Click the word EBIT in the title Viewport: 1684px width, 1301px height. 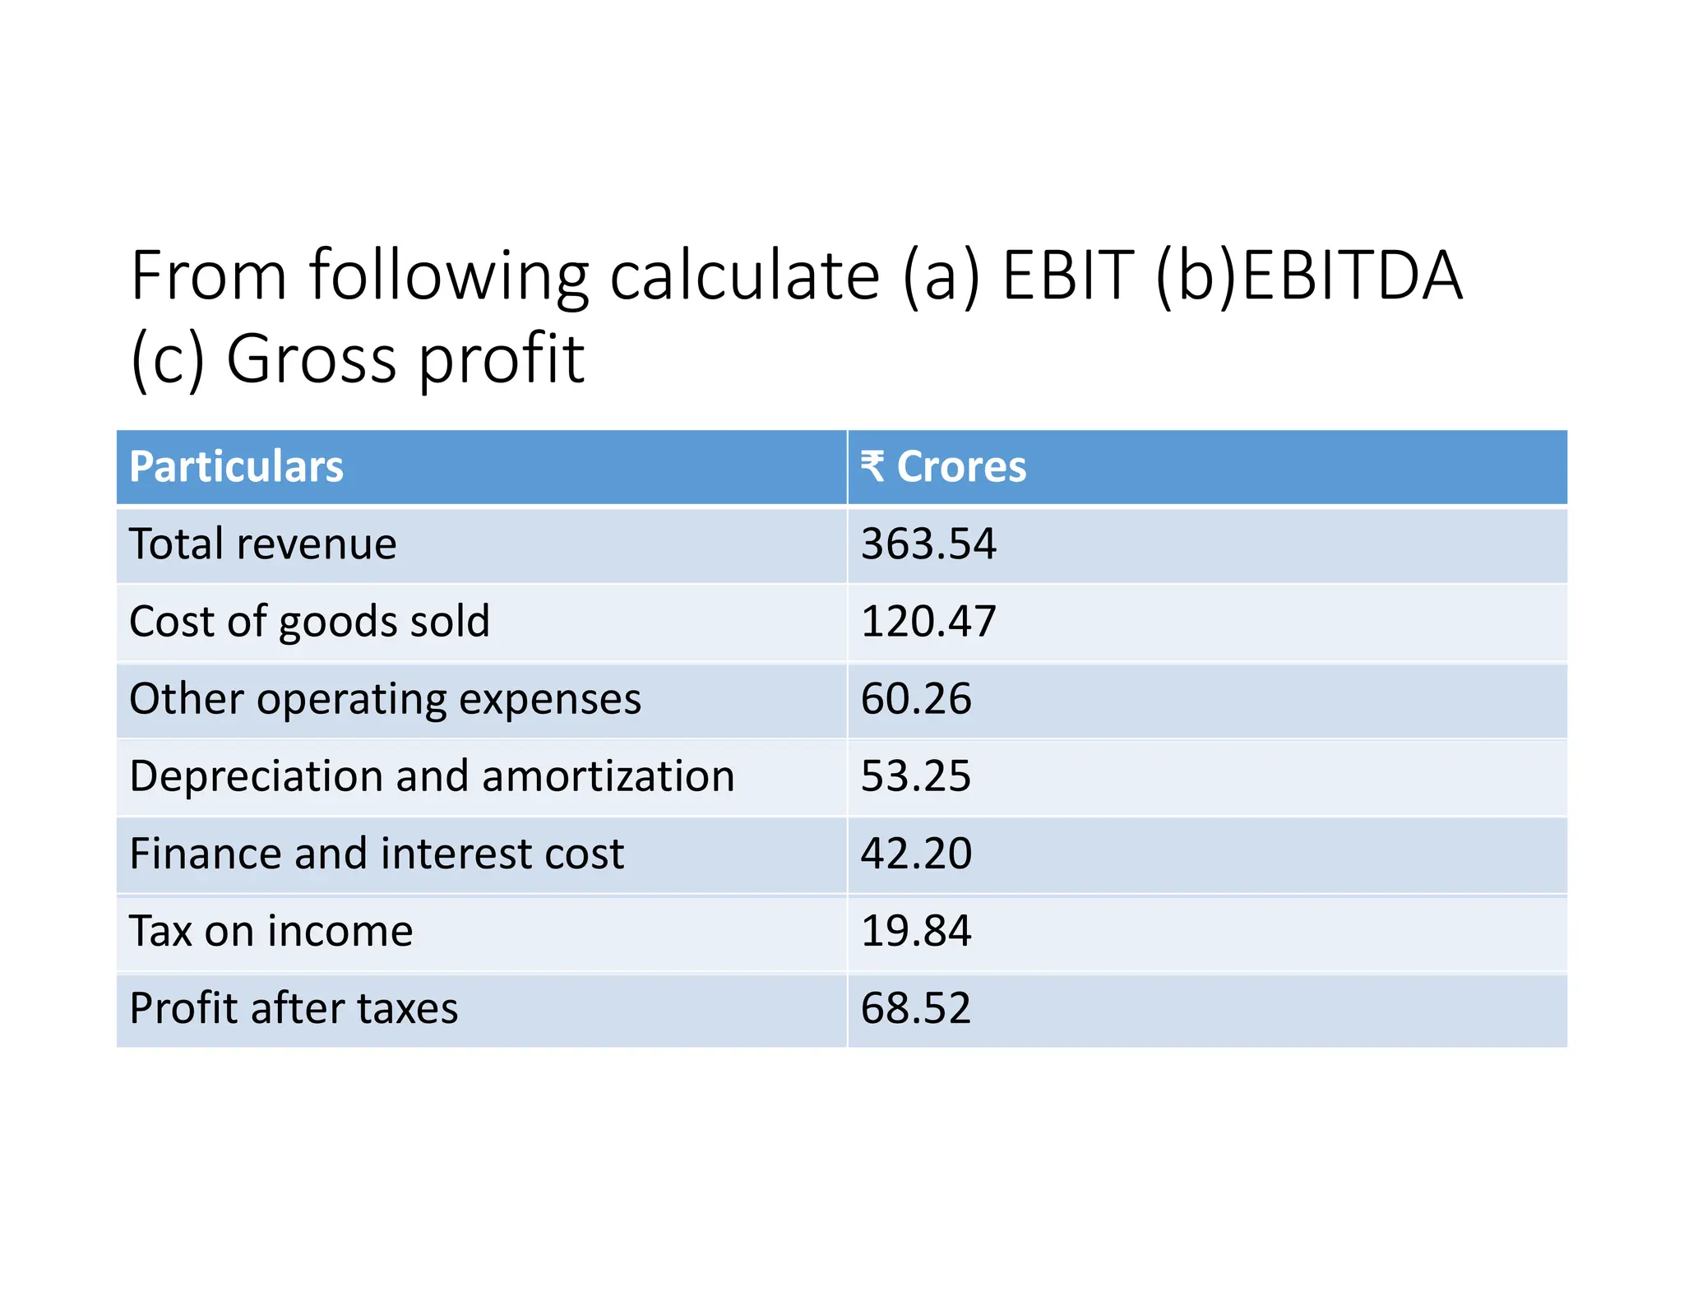tap(1067, 276)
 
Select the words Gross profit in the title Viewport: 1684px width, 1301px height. tap(405, 359)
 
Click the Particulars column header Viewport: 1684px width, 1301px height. tap(236, 467)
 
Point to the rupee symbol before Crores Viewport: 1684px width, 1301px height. tap(872, 466)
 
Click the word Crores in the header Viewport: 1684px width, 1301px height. tap(960, 467)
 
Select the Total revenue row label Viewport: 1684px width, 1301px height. tap(263, 544)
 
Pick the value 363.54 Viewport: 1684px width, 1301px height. tap(928, 544)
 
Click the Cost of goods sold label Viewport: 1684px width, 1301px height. tap(309, 622)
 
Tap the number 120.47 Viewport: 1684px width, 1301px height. tap(928, 622)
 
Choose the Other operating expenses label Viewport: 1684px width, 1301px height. tap(385, 700)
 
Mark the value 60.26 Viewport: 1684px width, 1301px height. tap(915, 700)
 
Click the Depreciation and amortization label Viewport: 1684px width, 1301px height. tap(432, 777)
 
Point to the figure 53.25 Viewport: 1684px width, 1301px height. tap(915, 777)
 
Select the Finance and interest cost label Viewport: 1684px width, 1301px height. tap(377, 854)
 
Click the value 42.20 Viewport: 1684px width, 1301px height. tap(915, 854)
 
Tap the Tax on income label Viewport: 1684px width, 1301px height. tap(271, 932)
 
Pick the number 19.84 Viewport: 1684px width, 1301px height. tap(915, 932)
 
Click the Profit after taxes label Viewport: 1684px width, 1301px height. tap(294, 1009)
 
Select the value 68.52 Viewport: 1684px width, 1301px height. tap(915, 1009)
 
